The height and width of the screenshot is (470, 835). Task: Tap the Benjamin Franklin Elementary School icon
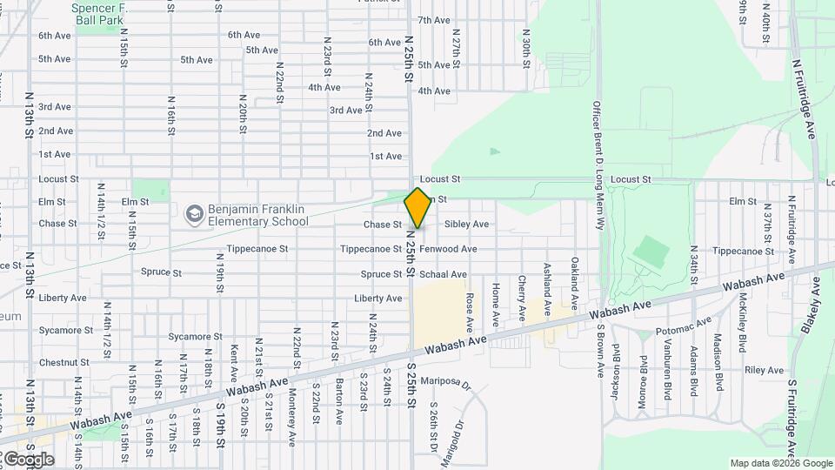click(193, 213)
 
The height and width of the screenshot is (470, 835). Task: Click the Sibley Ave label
click(466, 225)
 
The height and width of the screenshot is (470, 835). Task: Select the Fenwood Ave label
click(448, 249)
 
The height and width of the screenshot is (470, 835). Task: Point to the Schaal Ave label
click(443, 274)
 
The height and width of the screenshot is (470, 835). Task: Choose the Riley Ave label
click(765, 371)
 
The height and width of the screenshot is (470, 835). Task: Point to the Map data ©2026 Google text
click(780, 463)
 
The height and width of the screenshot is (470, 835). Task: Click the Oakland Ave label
click(574, 282)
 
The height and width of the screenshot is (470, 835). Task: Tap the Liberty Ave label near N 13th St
click(63, 298)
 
